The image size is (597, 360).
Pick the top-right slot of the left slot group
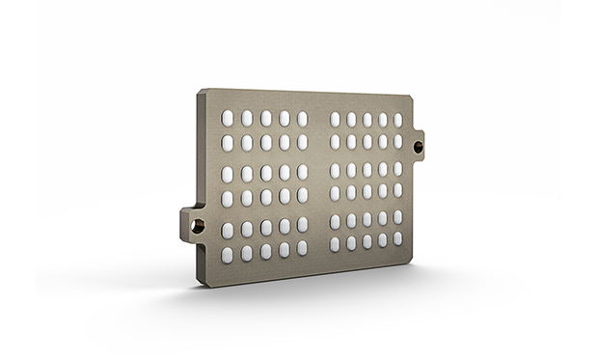pyautogui.click(x=302, y=118)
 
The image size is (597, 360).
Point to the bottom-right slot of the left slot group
pyautogui.click(x=302, y=248)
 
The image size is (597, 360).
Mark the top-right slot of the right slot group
pyautogui.click(x=397, y=120)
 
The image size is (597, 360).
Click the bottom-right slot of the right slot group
pyautogui.click(x=397, y=237)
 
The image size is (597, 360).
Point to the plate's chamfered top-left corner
pyautogui.click(x=201, y=93)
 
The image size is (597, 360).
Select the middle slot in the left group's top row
pyautogui.click(x=265, y=118)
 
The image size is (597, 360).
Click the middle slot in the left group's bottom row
pyautogui.click(x=265, y=252)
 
